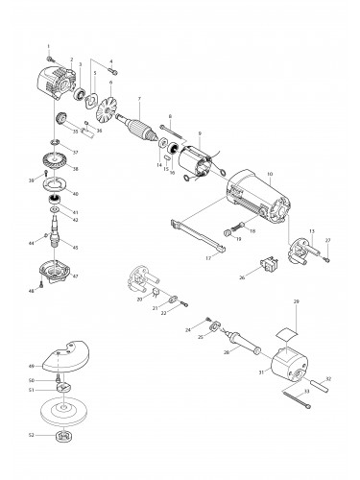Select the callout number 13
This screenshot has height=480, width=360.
[312, 231]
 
